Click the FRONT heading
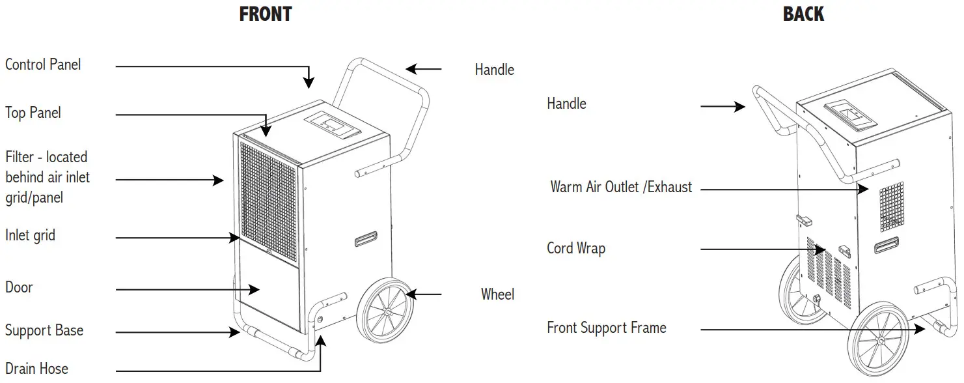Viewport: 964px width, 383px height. [x=266, y=14]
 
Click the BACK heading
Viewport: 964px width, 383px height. [x=803, y=14]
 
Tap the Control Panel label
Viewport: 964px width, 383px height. [x=43, y=64]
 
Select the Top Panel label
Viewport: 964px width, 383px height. [x=33, y=113]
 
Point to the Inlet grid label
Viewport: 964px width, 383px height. [x=30, y=235]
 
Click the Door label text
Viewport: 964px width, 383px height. [x=19, y=287]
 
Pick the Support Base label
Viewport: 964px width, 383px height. [x=44, y=330]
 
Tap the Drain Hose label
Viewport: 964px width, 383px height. [x=36, y=369]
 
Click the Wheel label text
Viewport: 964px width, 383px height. [x=497, y=294]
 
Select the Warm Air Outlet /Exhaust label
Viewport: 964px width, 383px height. [x=621, y=188]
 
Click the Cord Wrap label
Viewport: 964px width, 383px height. [x=576, y=248]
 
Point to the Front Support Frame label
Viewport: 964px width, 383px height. [x=607, y=328]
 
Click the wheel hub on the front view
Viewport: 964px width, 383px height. [x=387, y=312]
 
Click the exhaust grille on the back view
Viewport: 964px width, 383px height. [x=892, y=207]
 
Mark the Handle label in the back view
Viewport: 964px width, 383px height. [x=566, y=104]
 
